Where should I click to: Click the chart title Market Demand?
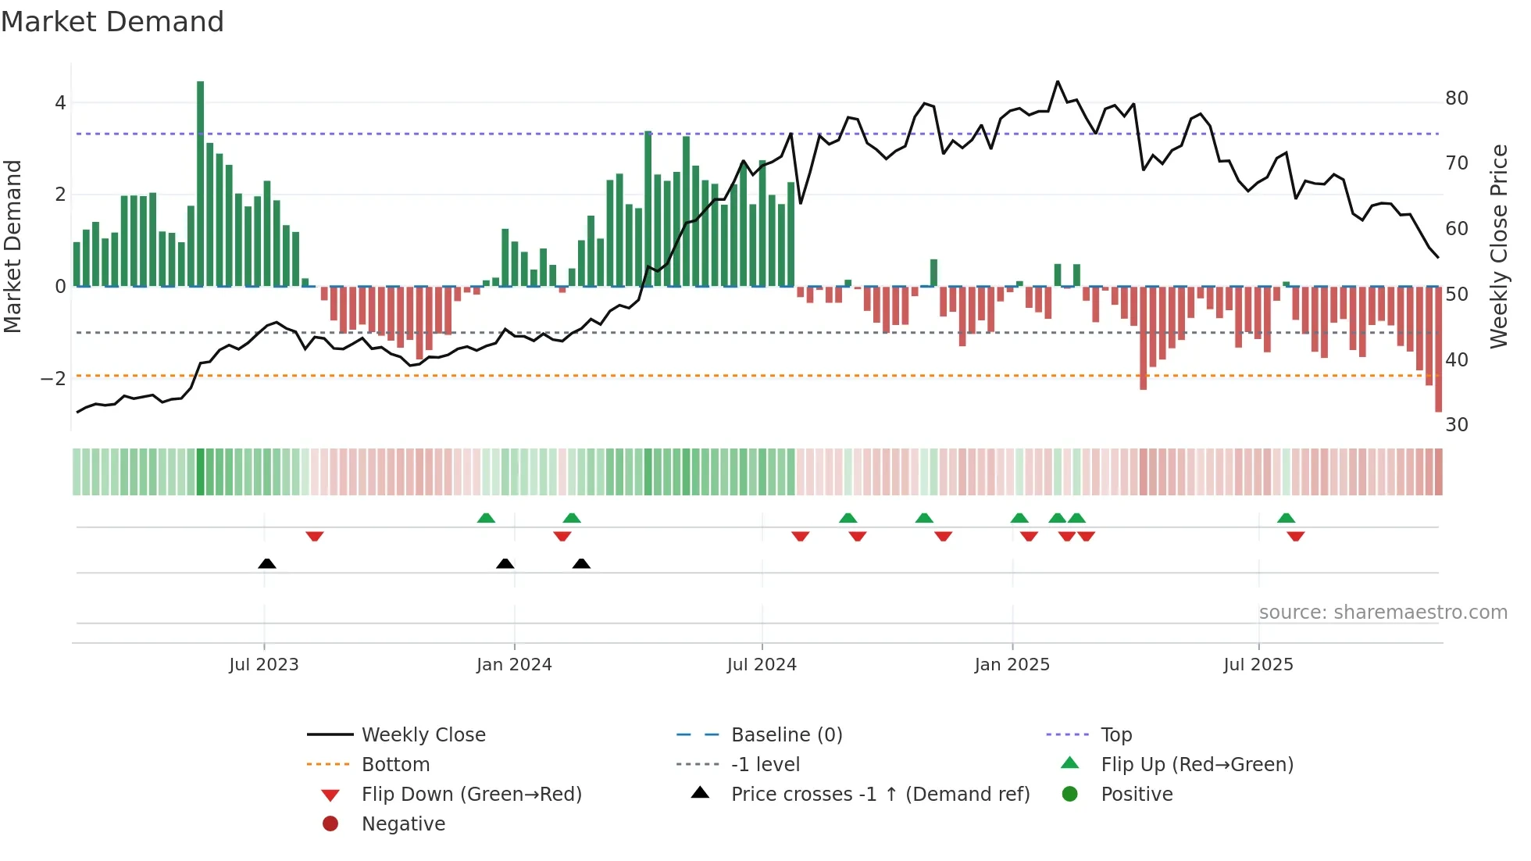[x=112, y=22]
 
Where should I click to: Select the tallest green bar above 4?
[x=201, y=184]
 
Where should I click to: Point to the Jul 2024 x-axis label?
[x=762, y=665]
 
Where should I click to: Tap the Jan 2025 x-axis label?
[x=1012, y=665]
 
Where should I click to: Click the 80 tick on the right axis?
[x=1456, y=98]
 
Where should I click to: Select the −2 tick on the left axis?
[x=53, y=379]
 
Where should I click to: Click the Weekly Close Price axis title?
[x=1498, y=246]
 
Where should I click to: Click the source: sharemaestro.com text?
[x=1383, y=613]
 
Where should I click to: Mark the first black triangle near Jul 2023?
[x=267, y=563]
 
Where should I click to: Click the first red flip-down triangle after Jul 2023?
[x=315, y=536]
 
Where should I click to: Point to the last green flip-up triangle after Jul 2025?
[x=1286, y=518]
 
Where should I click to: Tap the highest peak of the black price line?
[x=1058, y=81]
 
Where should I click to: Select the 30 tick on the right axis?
[x=1456, y=425]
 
